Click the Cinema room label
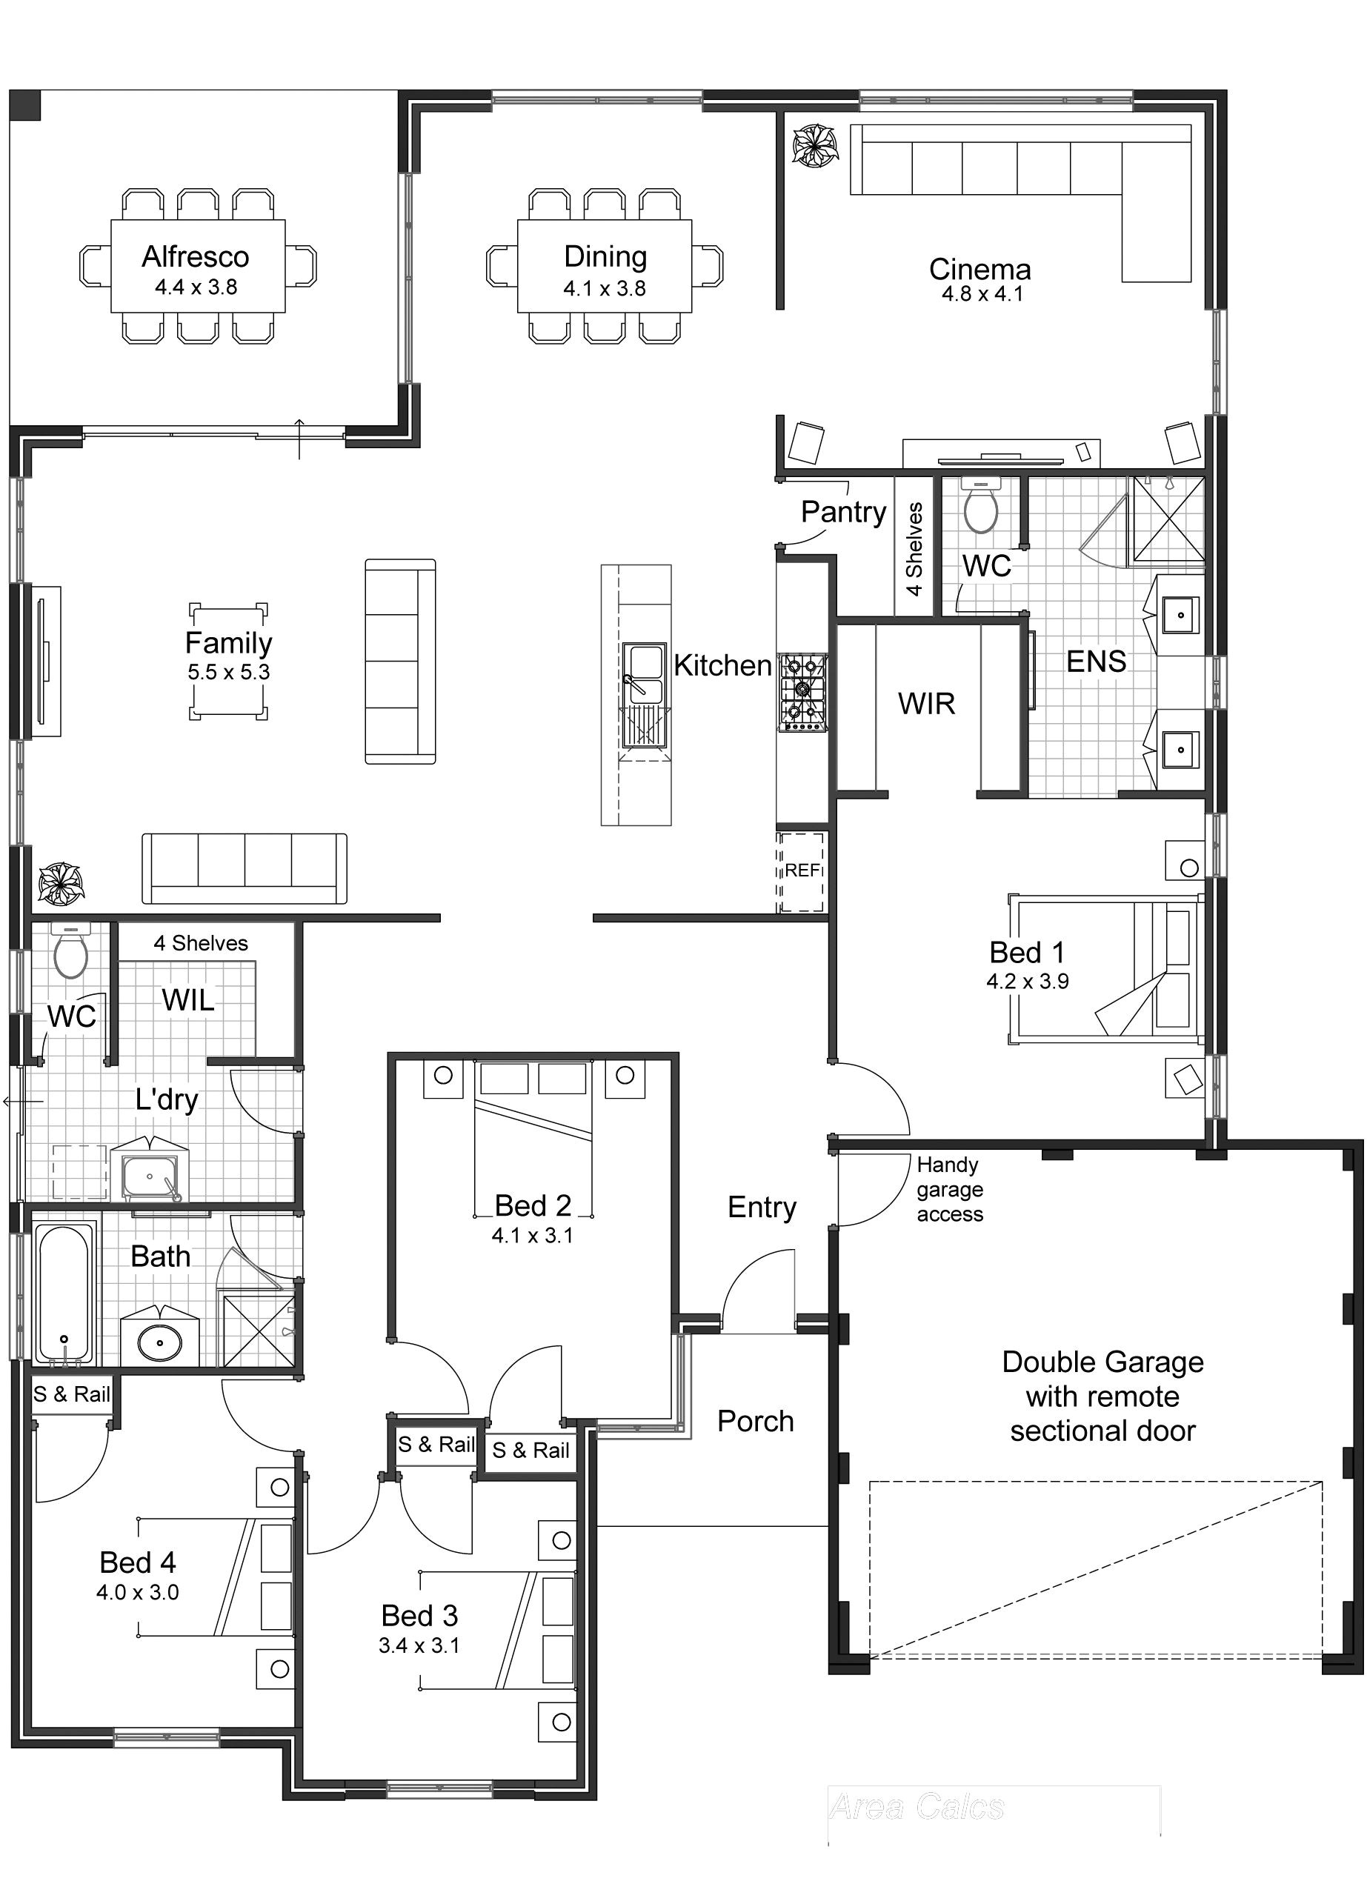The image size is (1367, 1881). coord(979,270)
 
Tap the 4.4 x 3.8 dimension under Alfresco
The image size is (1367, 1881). coord(196,287)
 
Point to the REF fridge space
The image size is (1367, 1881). coord(801,870)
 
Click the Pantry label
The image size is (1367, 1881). coord(842,512)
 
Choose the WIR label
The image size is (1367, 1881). coord(927,704)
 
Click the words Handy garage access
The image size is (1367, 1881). coord(949,1189)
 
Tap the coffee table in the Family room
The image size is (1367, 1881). coord(228,661)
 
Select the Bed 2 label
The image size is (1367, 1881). coord(533,1205)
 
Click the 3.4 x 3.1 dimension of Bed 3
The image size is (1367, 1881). coord(419,1645)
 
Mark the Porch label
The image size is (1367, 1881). coord(755,1422)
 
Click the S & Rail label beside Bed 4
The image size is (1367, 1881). coord(71,1394)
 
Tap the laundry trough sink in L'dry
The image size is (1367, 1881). coord(150,1176)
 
